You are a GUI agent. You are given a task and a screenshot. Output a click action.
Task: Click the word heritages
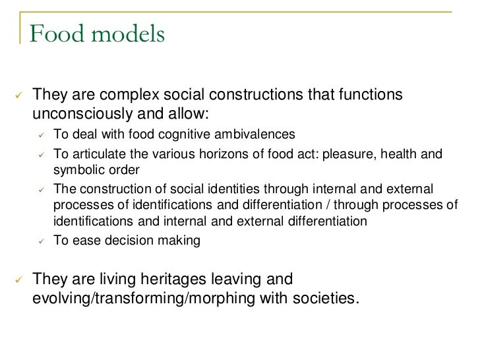[175, 280]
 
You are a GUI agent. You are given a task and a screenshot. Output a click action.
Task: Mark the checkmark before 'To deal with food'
[40, 135]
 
